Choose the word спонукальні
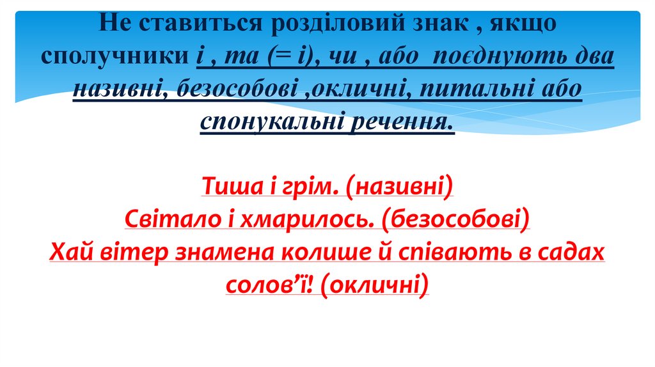tap(271, 121)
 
